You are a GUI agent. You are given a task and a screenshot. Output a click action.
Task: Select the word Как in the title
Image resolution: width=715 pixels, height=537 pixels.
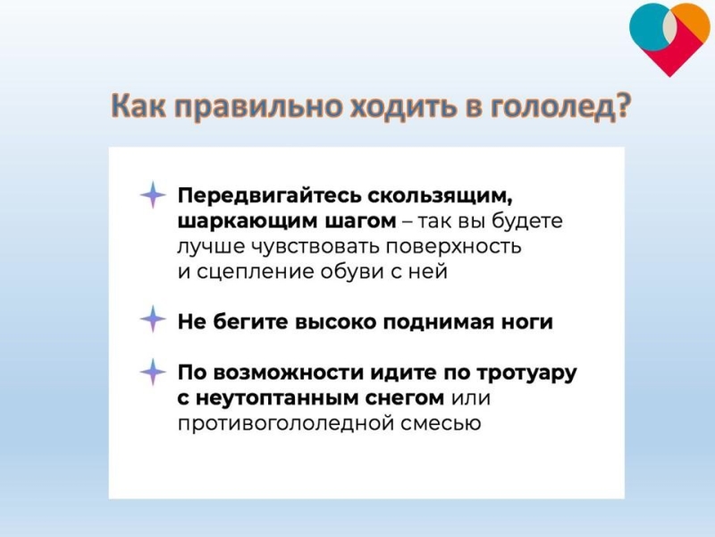139,106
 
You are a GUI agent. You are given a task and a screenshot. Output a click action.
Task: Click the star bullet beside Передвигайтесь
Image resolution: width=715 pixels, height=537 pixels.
153,195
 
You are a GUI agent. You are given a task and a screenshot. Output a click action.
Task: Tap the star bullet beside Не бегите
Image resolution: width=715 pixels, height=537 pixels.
153,319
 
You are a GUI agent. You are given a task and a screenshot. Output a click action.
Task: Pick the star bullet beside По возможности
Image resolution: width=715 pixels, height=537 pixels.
153,372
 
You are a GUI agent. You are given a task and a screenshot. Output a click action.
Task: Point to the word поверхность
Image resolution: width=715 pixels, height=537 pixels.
454,247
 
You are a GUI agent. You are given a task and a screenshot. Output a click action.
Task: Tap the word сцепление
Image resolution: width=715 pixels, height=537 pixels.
256,272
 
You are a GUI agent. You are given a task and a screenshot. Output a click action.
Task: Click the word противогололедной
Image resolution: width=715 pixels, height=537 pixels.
285,423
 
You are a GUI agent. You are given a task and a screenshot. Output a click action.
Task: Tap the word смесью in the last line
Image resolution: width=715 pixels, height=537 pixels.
441,423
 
